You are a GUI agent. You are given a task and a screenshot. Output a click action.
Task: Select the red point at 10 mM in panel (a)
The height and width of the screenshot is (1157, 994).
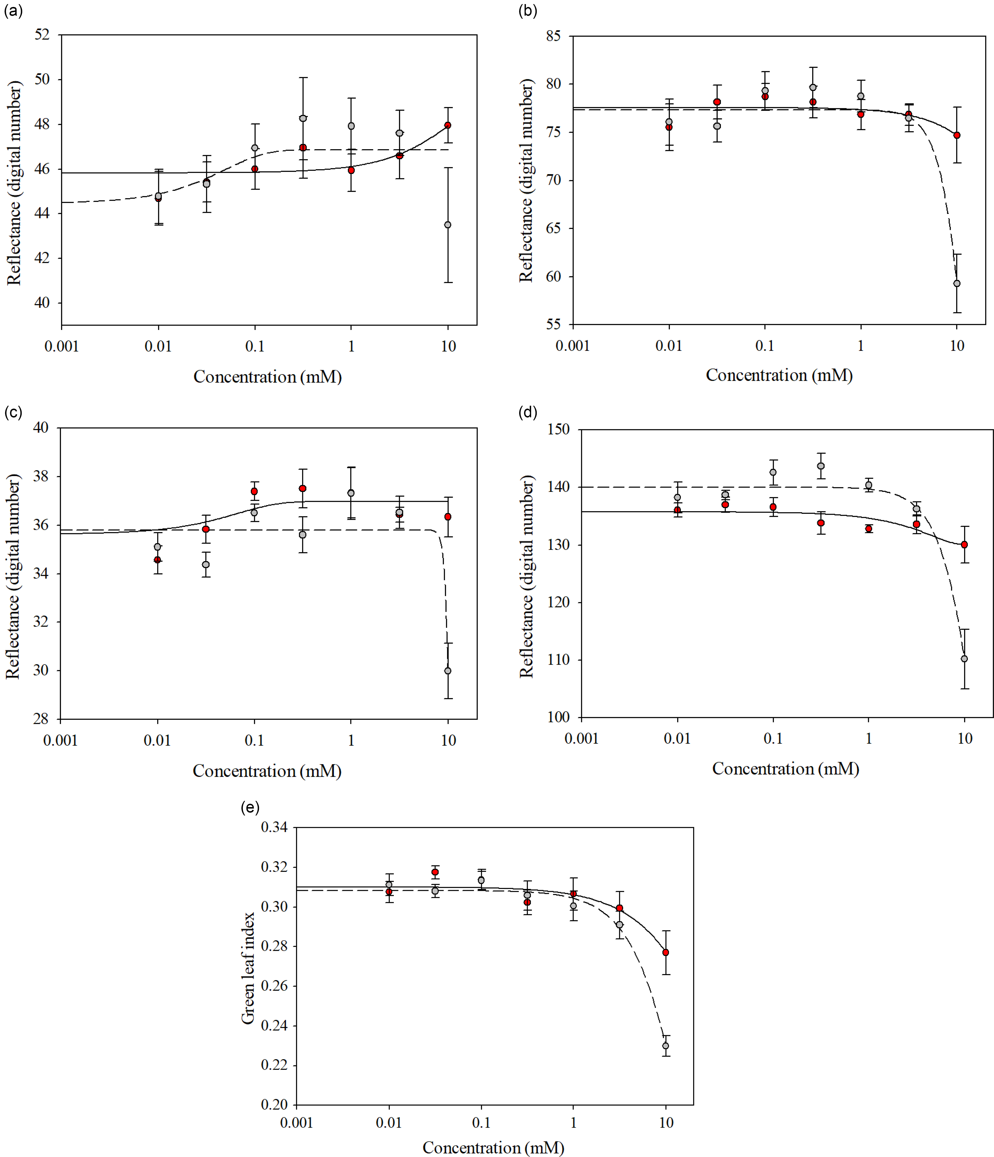(447, 125)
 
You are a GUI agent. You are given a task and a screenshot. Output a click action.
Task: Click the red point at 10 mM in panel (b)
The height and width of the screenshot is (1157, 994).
(957, 135)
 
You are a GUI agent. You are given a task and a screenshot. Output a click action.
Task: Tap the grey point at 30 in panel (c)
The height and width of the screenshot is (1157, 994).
(447, 671)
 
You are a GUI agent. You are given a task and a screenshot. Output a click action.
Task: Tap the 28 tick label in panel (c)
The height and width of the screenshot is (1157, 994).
(41, 719)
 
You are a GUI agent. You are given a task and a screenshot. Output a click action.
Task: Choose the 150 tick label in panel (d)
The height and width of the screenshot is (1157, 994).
(558, 429)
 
